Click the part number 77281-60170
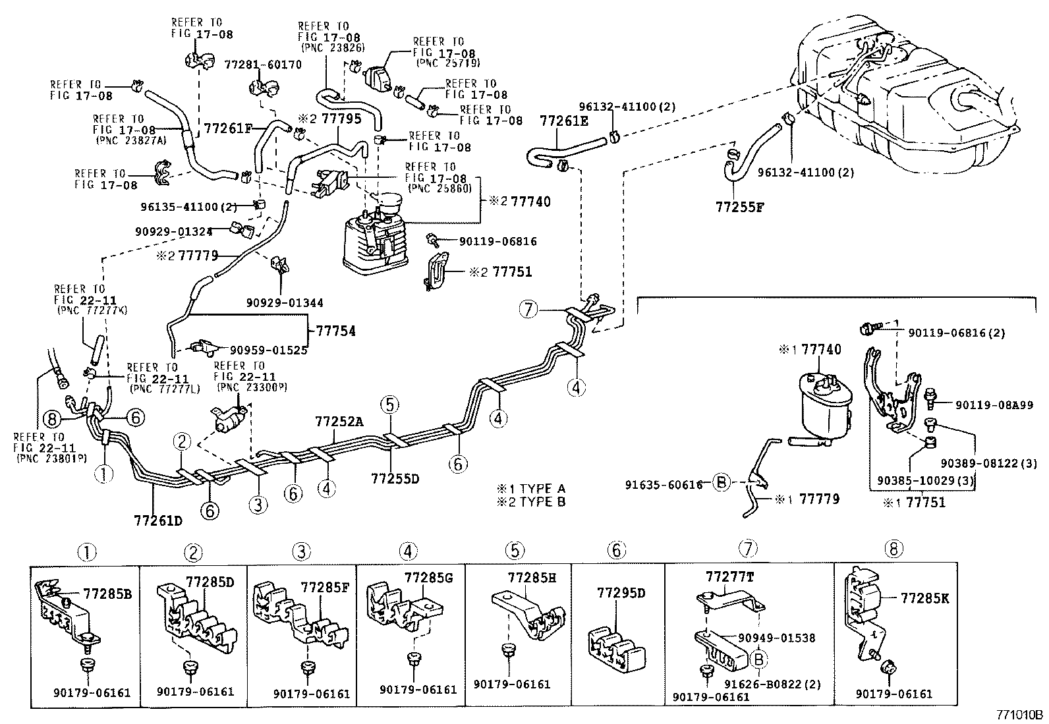[263, 65]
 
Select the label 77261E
[564, 121]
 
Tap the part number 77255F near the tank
[739, 206]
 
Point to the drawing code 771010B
[1019, 715]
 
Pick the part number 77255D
[395, 478]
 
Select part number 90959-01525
[268, 350]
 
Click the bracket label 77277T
[729, 577]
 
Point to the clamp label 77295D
[621, 593]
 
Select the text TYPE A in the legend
[542, 489]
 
